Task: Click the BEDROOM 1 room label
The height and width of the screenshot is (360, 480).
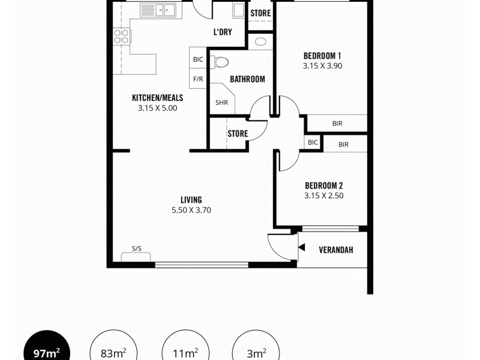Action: (322, 56)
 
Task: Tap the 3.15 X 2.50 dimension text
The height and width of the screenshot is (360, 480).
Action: (323, 196)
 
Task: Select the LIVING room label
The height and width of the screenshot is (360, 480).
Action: (191, 200)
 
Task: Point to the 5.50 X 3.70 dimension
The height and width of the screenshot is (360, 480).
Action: (191, 210)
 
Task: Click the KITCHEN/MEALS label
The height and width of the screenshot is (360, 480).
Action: (157, 98)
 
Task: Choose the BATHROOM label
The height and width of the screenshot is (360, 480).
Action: (247, 79)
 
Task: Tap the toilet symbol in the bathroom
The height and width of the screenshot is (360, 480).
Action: (221, 62)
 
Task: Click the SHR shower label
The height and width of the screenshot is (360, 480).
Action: (221, 103)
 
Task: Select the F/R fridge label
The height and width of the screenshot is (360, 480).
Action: (198, 79)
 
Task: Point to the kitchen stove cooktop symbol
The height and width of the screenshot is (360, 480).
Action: (122, 36)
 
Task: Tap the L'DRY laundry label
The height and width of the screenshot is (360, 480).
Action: (223, 32)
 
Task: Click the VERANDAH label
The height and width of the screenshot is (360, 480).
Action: (335, 250)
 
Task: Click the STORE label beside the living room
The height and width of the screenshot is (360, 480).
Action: (238, 134)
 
